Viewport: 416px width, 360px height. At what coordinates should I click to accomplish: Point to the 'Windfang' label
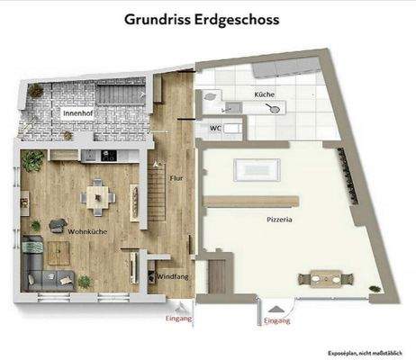[172, 277]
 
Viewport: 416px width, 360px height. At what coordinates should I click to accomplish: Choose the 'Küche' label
[264, 94]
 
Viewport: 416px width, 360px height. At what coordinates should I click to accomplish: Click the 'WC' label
[216, 128]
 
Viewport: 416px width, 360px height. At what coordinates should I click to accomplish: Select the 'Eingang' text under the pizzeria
[276, 320]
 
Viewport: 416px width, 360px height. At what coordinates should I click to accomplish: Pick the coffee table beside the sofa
[73, 257]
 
